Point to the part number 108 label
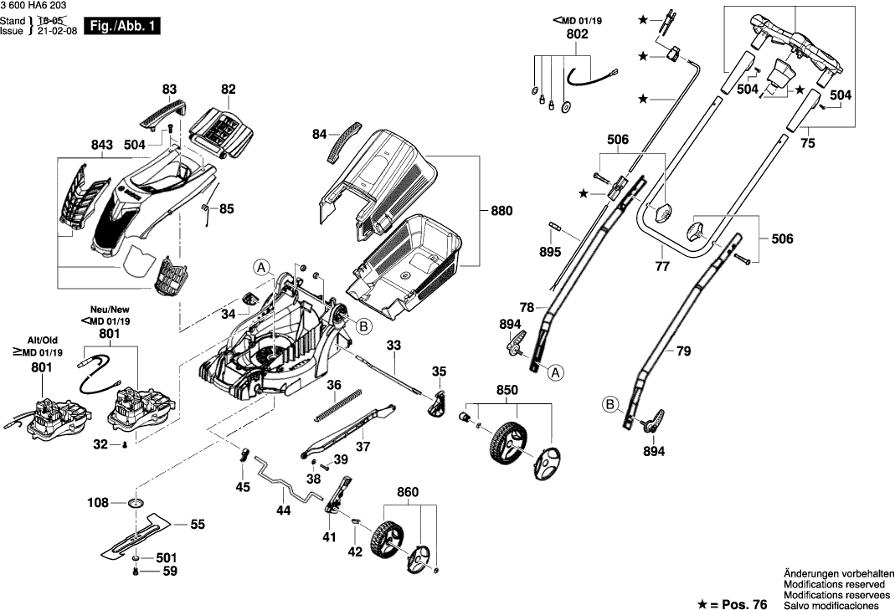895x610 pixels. click(99, 503)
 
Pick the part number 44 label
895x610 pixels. click(283, 510)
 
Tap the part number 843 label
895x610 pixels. click(101, 145)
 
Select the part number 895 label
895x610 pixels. click(550, 251)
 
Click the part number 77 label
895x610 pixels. click(662, 268)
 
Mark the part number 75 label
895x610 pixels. click(807, 143)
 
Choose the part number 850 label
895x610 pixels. click(507, 390)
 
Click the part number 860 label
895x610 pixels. click(407, 494)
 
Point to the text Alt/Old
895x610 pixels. click(42, 341)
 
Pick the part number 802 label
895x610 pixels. click(577, 34)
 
